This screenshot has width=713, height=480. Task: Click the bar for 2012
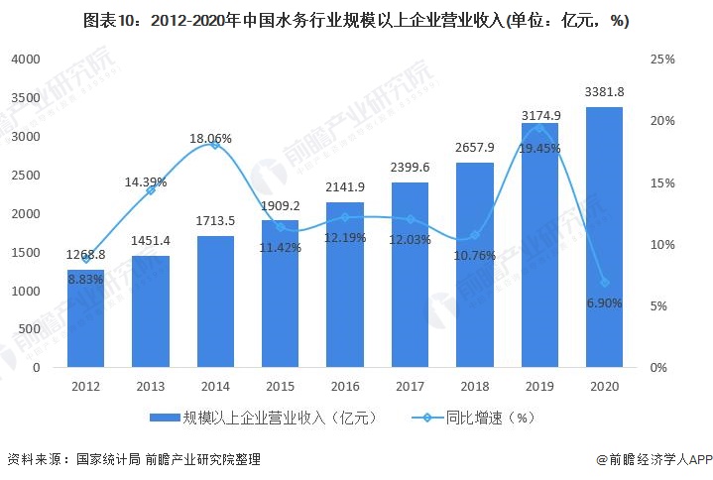point(85,318)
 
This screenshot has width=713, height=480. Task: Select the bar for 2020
point(604,237)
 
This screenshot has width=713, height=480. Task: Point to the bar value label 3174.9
point(540,115)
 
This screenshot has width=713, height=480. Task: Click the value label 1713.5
point(216,219)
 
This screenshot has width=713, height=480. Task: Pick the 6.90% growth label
point(604,303)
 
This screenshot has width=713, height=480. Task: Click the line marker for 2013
point(151,189)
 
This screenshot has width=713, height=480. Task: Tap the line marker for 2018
point(475,235)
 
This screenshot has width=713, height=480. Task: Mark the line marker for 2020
point(604,283)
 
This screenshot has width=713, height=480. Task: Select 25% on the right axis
point(663,60)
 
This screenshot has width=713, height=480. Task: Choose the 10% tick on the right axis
point(663,244)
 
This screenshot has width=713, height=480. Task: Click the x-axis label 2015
point(280,387)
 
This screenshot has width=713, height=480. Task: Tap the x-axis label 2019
point(539,387)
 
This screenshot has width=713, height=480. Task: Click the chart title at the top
point(356,19)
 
